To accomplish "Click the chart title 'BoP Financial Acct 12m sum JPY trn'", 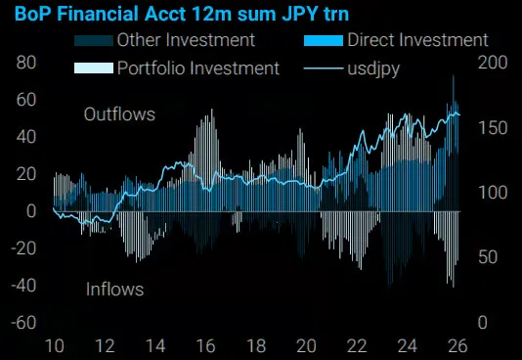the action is pyautogui.click(x=182, y=14).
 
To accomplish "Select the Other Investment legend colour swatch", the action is pyautogui.click(x=94, y=41).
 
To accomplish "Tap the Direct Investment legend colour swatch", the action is pyautogui.click(x=324, y=41).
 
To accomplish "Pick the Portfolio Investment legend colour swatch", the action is pyautogui.click(x=94, y=67).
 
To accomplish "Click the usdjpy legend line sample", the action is pyautogui.click(x=324, y=68).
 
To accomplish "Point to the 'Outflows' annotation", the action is pyautogui.click(x=119, y=114).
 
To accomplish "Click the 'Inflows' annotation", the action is pyautogui.click(x=114, y=289).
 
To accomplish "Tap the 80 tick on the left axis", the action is pyautogui.click(x=26, y=63).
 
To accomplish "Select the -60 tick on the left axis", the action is pyautogui.click(x=23, y=322).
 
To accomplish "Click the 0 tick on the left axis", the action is pyautogui.click(x=31, y=210).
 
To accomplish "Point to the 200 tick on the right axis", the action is pyautogui.click(x=493, y=63).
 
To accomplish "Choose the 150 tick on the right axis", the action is pyautogui.click(x=493, y=128).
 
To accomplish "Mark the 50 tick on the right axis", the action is pyautogui.click(x=488, y=256).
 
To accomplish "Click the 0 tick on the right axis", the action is pyautogui.click(x=483, y=322).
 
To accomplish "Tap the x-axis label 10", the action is pyautogui.click(x=55, y=346).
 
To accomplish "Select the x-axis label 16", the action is pyautogui.click(x=205, y=346).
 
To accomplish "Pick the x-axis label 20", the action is pyautogui.click(x=306, y=346).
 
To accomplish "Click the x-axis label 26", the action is pyautogui.click(x=457, y=346).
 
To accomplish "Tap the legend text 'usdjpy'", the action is pyautogui.click(x=373, y=69).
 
